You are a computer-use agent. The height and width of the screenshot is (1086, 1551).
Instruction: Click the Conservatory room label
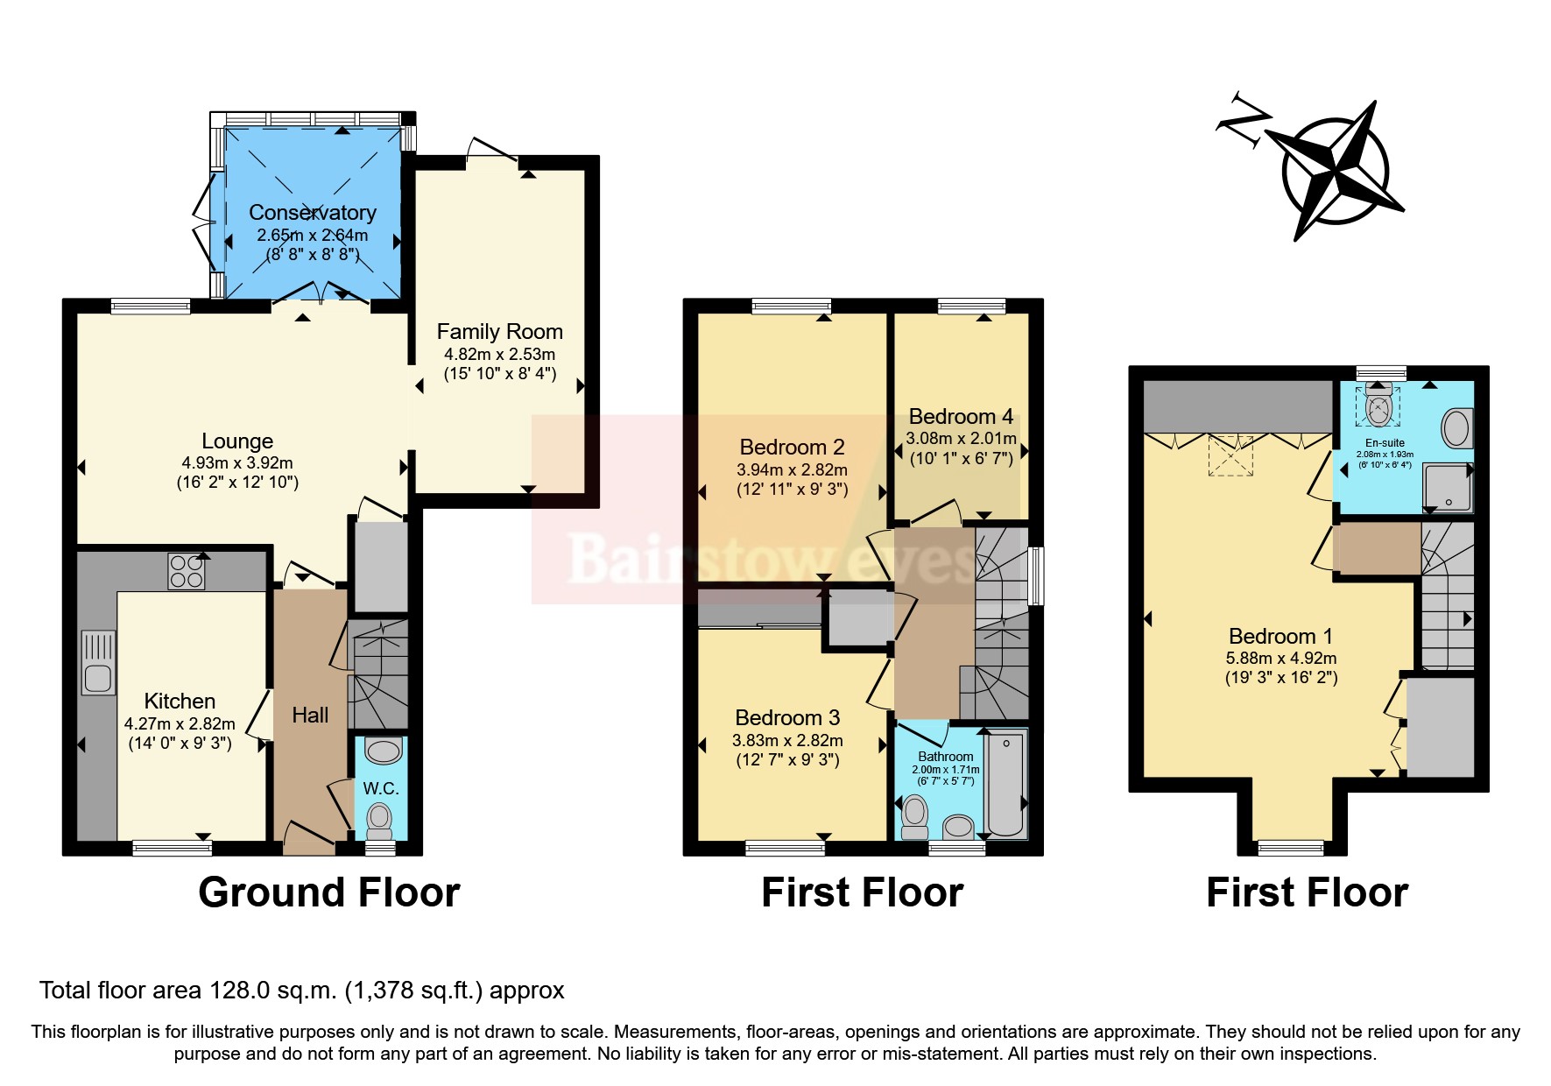coord(312,213)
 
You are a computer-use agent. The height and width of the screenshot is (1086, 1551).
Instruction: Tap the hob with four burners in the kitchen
coord(186,571)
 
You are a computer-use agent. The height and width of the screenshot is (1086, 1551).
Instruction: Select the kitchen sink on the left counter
coord(98,663)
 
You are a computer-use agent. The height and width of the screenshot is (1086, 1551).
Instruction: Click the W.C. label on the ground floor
coord(381,788)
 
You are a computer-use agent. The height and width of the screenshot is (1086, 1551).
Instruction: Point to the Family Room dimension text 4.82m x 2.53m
coord(499,355)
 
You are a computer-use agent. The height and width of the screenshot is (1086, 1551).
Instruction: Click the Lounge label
coord(237,441)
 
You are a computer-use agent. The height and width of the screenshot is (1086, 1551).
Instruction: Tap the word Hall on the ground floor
coord(310,716)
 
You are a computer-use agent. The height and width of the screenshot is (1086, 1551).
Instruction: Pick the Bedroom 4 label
coord(961,417)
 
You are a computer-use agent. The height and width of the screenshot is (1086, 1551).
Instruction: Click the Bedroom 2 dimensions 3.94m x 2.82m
coord(792,470)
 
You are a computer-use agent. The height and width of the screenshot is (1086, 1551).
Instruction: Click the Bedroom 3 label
coord(787,718)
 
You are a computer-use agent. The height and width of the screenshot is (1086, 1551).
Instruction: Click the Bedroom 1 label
coord(1272,637)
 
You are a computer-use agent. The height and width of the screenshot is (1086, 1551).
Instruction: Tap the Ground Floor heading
coord(328,892)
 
